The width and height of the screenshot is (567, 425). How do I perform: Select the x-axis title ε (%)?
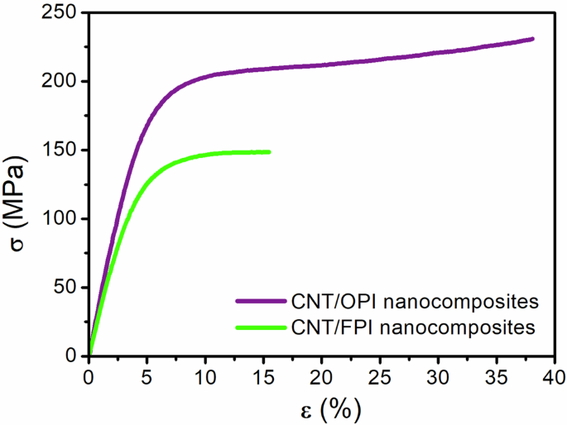[x=320, y=408]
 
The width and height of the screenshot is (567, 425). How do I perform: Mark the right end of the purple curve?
[x=533, y=39]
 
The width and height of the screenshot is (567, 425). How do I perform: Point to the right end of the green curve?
[x=269, y=151]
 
